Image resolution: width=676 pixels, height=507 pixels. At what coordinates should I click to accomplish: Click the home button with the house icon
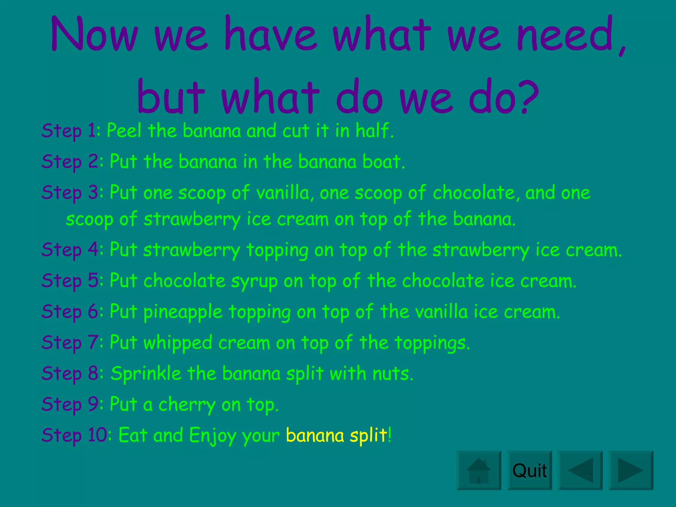[479, 470]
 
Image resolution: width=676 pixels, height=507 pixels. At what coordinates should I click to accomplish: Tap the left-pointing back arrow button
[580, 470]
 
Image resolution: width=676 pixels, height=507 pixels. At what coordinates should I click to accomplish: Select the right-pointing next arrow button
[631, 470]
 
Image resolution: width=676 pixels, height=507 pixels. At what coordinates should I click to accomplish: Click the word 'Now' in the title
[94, 35]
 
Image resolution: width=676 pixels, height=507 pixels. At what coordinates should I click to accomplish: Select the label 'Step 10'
[74, 435]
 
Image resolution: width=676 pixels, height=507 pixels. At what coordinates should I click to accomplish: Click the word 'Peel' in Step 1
[124, 130]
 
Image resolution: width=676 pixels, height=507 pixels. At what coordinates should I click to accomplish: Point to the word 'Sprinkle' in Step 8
[146, 374]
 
